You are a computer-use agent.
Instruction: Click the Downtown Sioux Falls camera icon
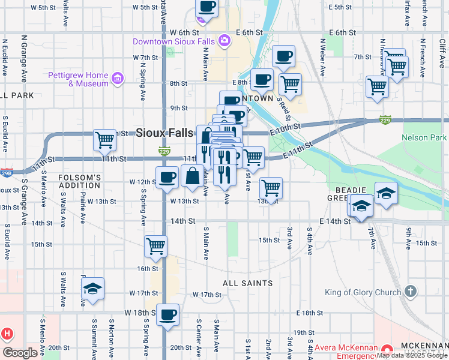(x=224, y=41)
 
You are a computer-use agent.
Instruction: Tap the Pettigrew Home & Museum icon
(x=117, y=78)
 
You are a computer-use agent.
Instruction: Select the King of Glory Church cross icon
(x=410, y=292)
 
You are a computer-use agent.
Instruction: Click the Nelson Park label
(x=424, y=138)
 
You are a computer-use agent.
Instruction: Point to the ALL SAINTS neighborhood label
(x=248, y=283)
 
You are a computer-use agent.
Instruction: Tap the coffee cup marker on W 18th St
(x=167, y=314)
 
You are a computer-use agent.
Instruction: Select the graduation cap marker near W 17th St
(x=93, y=289)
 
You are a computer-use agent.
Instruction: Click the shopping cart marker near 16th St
(x=155, y=246)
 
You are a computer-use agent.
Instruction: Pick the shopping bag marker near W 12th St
(x=192, y=176)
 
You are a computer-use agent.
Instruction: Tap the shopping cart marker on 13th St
(x=271, y=188)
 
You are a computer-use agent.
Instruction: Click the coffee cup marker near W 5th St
(x=206, y=7)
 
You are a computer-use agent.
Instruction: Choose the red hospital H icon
(x=7, y=333)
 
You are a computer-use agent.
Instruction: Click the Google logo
(x=20, y=353)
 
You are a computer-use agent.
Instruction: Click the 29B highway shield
(x=5, y=172)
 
